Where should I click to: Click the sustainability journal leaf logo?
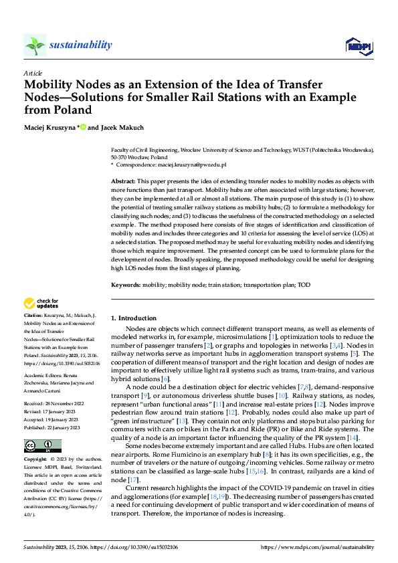[x=35, y=45]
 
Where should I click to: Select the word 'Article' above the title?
[x=33, y=73]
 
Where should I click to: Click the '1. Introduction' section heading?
[x=134, y=318]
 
